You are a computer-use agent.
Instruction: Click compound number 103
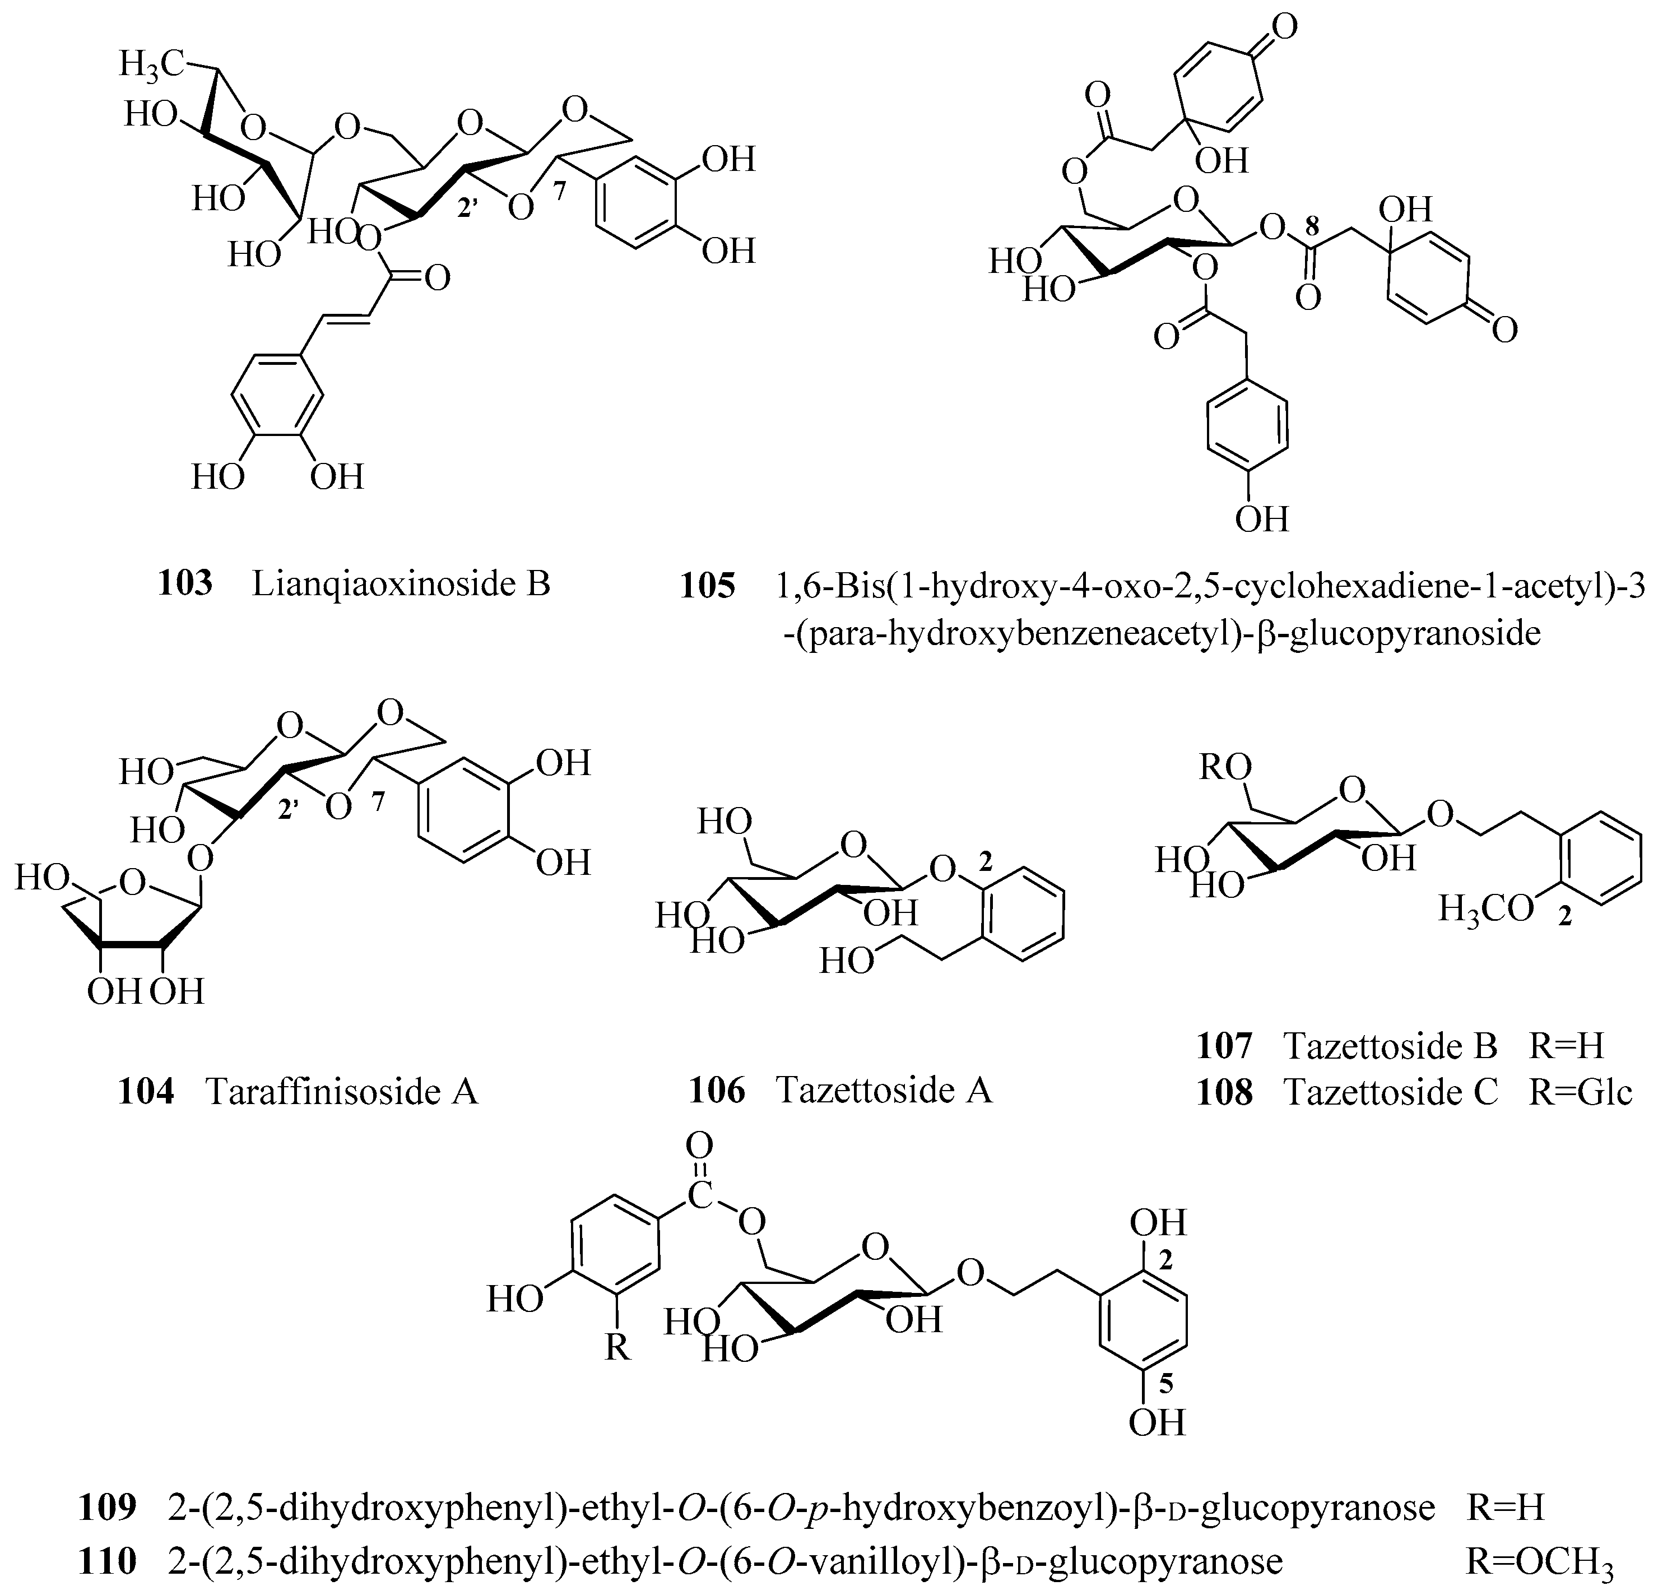(x=185, y=584)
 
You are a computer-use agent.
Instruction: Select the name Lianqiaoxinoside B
(x=401, y=584)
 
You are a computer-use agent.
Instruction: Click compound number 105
(x=708, y=586)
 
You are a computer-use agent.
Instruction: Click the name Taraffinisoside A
(x=342, y=1092)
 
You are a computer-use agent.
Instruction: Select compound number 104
(x=146, y=1092)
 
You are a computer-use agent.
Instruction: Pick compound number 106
(x=717, y=1090)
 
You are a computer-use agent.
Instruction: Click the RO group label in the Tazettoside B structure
(x=1225, y=768)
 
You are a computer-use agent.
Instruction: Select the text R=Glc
(x=1580, y=1092)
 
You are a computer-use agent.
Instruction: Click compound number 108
(x=1224, y=1092)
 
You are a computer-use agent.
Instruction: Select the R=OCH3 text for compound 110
(x=1540, y=1562)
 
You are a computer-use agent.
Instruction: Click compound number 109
(x=108, y=1507)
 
